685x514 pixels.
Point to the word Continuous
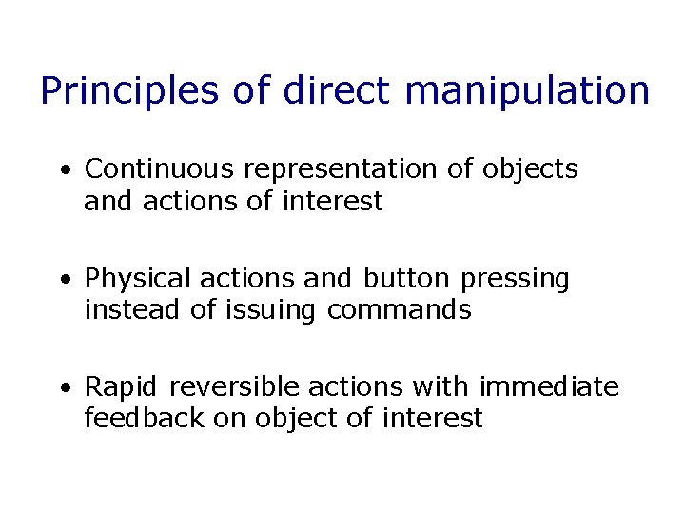coord(159,169)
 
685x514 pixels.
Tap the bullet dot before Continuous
coord(63,171)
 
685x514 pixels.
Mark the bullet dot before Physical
coord(63,280)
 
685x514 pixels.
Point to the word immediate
coord(549,386)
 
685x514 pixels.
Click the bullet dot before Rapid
coord(63,388)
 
